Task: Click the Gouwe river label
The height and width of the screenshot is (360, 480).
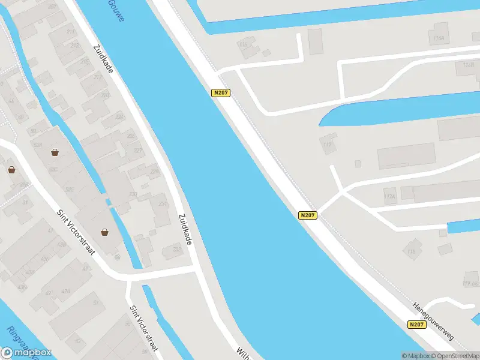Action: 117,11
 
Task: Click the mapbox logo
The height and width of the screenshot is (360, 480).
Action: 26,353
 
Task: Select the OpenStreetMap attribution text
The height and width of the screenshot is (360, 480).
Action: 454,356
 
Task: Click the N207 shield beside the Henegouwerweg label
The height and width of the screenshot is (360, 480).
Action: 417,325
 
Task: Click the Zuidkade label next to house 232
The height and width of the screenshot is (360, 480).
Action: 186,229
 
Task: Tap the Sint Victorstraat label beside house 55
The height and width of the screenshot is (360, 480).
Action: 144,328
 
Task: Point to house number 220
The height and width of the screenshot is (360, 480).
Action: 106,95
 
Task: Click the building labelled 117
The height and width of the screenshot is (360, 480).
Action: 328,145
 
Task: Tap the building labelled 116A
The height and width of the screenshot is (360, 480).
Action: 439,38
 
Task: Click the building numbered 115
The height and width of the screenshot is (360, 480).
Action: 243,44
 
